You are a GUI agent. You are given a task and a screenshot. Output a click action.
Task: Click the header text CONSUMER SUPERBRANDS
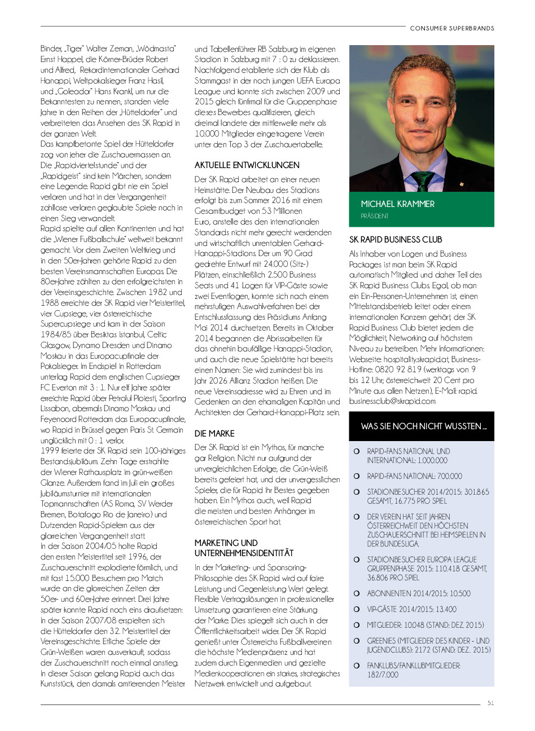452,28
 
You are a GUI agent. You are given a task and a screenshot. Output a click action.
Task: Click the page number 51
490,703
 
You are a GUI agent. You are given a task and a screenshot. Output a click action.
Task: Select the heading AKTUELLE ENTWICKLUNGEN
247,165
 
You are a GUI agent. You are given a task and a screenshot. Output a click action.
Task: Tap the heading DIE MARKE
214,434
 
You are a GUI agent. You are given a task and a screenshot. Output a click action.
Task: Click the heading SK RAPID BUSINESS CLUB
396,240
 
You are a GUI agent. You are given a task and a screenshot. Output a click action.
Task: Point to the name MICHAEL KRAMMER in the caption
398,204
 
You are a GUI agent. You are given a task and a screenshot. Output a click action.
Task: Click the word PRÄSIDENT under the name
375,216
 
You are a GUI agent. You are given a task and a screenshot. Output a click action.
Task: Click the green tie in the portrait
423,180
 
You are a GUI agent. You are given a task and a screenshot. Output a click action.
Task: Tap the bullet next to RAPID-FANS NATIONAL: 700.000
357,476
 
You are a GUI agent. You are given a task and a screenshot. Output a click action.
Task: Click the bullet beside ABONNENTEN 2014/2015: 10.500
357,593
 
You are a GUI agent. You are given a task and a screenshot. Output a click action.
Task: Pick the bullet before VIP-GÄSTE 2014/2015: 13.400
357,609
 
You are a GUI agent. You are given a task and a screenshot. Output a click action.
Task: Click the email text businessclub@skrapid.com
392,401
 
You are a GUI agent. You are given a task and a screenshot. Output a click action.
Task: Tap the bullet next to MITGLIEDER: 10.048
357,625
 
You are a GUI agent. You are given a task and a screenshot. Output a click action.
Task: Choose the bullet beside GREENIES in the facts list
357,641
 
